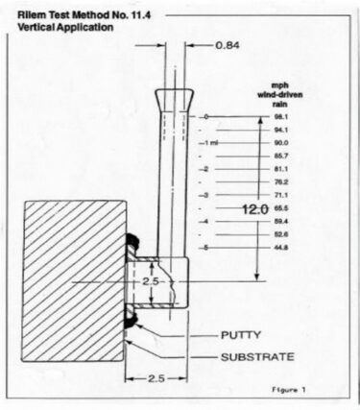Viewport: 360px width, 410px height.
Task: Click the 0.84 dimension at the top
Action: point(226,45)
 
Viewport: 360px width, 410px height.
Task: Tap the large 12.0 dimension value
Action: point(253,208)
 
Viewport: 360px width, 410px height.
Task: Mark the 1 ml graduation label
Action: point(212,142)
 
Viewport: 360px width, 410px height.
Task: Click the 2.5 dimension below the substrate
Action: point(159,378)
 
